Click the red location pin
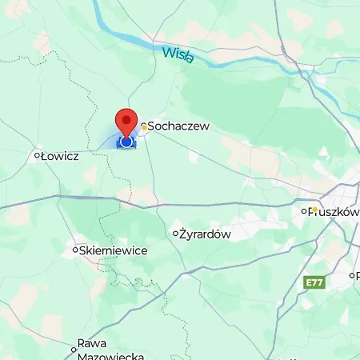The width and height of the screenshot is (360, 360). [x=126, y=124]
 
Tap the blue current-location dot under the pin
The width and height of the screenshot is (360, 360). [x=126, y=142]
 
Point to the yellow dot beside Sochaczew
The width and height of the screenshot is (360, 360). [x=144, y=126]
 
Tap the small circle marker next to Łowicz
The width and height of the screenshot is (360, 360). [x=37, y=156]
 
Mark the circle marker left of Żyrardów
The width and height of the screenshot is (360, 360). [x=176, y=234]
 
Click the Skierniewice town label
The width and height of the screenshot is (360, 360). [x=114, y=250]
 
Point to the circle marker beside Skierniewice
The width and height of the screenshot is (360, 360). [x=75, y=250]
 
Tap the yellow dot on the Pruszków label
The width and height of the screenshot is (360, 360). [x=315, y=210]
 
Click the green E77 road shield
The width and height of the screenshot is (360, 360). [x=315, y=282]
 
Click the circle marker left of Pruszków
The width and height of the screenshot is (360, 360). [x=304, y=211]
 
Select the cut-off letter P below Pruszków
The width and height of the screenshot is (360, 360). [x=356, y=275]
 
